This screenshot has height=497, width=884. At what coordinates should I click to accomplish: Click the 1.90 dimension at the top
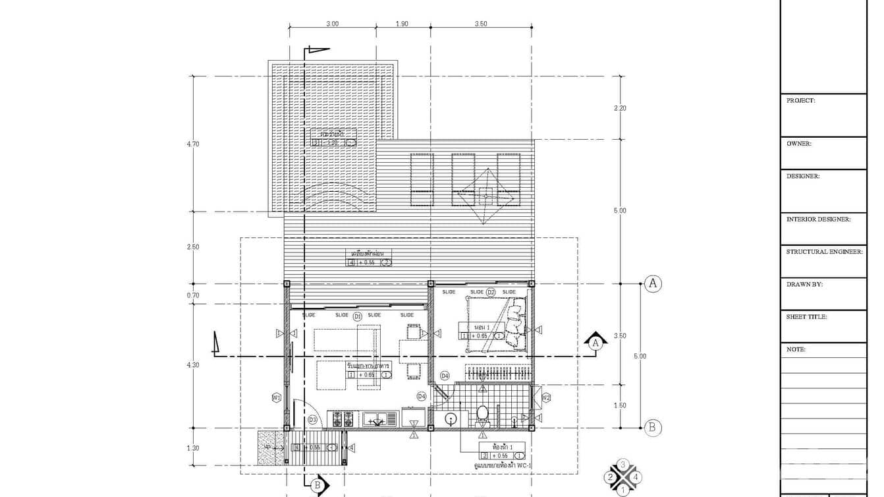tap(402, 24)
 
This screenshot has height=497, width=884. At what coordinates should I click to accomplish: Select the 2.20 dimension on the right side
tap(620, 108)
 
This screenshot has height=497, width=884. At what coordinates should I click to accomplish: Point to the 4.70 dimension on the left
tap(193, 144)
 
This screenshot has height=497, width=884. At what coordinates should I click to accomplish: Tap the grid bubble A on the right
tap(652, 283)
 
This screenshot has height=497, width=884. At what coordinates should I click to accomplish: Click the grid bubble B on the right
tap(652, 428)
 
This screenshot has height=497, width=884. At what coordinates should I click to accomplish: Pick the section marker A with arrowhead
tap(595, 341)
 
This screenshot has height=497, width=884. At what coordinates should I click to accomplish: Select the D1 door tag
tap(358, 317)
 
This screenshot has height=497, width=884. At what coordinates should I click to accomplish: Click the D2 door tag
tap(491, 292)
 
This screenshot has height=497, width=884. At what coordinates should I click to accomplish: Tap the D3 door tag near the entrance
tap(313, 420)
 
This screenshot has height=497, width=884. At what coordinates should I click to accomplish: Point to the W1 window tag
tap(277, 397)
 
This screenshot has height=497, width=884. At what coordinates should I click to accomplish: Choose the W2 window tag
tap(546, 397)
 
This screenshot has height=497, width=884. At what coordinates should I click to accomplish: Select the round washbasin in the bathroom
tap(451, 418)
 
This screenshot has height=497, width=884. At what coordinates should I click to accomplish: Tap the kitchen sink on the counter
tap(377, 419)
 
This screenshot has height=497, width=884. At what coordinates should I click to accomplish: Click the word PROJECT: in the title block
tap(800, 101)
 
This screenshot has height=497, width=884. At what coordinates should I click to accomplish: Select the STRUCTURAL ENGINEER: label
tap(824, 252)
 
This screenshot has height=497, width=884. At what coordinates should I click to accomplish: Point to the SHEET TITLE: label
tap(806, 317)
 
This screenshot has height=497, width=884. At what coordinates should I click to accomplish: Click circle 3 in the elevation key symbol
tap(623, 464)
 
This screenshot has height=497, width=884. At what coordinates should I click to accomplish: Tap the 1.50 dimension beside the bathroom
tap(620, 406)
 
